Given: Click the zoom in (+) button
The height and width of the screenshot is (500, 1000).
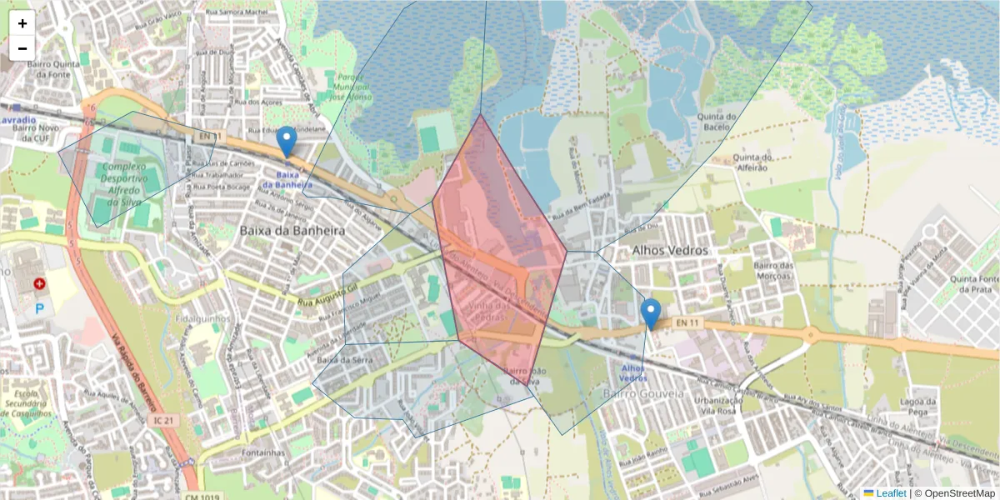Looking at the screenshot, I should [x=22, y=23].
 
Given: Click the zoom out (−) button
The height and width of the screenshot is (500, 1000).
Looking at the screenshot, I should [x=22, y=48].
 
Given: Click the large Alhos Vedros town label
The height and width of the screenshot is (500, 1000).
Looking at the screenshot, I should [x=670, y=250].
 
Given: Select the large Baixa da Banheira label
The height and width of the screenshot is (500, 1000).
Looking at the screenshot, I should [x=292, y=229].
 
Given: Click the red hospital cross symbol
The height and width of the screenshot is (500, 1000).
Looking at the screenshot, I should [x=39, y=284].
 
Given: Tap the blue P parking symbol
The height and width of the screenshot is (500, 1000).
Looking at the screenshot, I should [x=39, y=308].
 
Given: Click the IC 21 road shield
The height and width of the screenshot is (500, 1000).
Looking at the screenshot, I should [x=163, y=420].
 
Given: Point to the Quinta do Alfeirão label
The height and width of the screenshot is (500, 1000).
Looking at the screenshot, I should [x=768, y=162].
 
